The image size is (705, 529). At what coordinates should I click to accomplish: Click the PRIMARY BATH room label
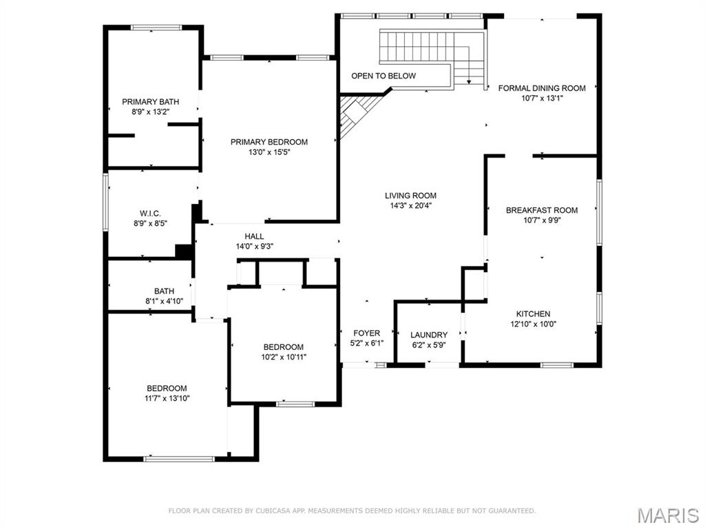(150, 101)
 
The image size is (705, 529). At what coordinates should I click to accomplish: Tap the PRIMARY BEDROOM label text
(269, 142)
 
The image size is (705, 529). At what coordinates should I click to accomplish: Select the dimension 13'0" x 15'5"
(269, 152)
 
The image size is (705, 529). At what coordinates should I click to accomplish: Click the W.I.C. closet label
(150, 213)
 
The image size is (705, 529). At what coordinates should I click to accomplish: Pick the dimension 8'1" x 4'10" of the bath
(164, 301)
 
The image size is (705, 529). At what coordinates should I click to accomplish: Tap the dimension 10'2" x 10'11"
(283, 357)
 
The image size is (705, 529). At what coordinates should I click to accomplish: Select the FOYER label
(367, 333)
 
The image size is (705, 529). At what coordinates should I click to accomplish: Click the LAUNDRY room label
(429, 335)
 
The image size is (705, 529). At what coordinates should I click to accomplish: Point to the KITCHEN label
(533, 314)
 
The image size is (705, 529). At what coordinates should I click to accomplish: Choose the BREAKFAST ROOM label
(542, 210)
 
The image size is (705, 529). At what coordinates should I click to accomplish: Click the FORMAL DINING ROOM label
(541, 88)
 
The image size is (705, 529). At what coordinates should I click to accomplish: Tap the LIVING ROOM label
(410, 196)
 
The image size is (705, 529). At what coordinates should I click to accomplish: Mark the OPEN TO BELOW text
(383, 76)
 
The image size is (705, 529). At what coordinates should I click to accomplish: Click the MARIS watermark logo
(667, 515)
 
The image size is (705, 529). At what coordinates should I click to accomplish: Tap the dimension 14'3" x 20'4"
(410, 205)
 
